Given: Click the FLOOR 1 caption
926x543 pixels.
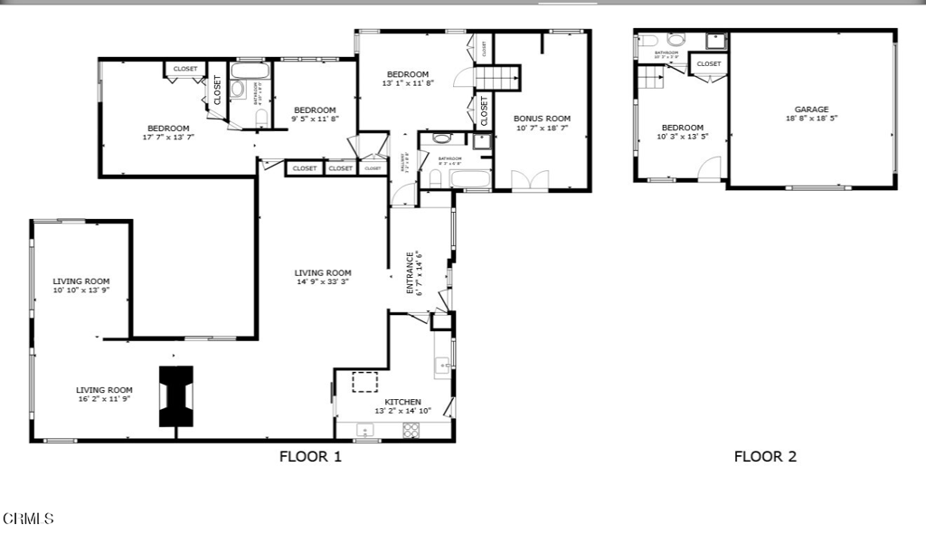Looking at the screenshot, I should point(310,457).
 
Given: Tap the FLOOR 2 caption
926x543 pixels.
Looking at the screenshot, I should point(764,457).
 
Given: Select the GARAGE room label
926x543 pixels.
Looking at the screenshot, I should point(811,110).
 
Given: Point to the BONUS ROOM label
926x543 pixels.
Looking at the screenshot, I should point(543,119).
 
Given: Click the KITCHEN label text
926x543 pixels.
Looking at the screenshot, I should point(402,402).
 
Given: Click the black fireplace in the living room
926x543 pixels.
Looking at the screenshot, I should point(176,396).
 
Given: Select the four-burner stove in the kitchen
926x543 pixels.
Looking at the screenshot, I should point(411,430).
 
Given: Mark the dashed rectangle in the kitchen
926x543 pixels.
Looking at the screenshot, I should point(364,382).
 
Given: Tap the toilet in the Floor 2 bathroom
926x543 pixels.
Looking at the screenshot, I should point(676,40).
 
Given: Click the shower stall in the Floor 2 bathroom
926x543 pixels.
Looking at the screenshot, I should point(716,41).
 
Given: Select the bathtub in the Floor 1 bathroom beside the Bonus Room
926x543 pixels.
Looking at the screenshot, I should point(469,177).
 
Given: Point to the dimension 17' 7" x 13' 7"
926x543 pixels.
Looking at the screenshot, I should point(168,138).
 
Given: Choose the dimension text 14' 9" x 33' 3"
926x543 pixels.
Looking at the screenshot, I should point(322,282).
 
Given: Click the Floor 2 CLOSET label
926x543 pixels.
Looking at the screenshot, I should point(709,64).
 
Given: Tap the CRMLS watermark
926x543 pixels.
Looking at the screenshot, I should point(28,519).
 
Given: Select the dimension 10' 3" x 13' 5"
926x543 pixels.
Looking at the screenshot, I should point(682,138).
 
